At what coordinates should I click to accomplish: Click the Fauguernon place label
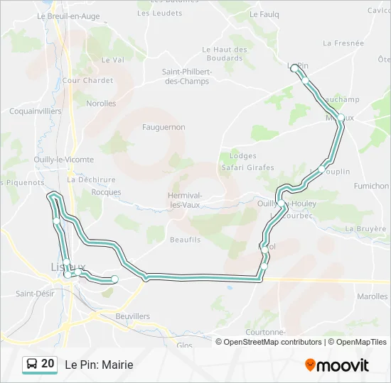[x=164, y=127]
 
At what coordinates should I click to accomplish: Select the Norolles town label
[x=101, y=104]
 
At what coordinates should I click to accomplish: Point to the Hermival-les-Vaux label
[x=186, y=200]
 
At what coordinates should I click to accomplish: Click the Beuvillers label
[x=132, y=316]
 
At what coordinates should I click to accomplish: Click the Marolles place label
[x=373, y=296]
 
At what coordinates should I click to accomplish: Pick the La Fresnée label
[x=343, y=43]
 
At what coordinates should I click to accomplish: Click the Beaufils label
[x=185, y=240]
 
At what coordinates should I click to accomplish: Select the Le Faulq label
[x=264, y=13]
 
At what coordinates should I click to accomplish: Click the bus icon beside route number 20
[x=31, y=365]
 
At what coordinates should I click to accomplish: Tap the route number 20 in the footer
[x=48, y=364]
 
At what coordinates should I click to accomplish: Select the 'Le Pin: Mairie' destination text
[x=99, y=365]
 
